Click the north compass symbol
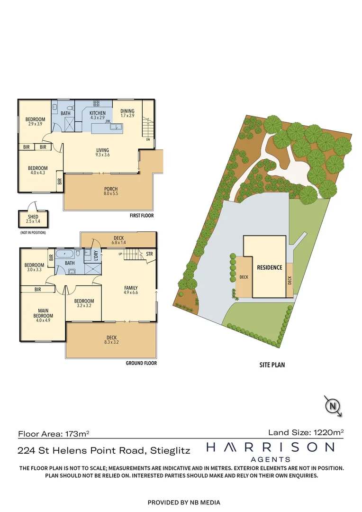click(333, 406)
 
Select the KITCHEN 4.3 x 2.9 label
click(98, 115)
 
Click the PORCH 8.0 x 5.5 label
click(111, 192)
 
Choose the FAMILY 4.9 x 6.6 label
click(131, 290)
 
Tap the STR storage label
click(149, 254)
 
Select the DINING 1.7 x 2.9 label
click(127, 113)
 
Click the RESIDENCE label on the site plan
click(270, 267)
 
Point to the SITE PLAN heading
click(272, 366)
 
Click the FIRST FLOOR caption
click(142, 216)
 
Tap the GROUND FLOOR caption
click(141, 363)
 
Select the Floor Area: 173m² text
click(54, 433)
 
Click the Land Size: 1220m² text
click(306, 432)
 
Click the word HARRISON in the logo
click(271, 447)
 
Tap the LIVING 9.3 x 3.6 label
click(103, 152)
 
